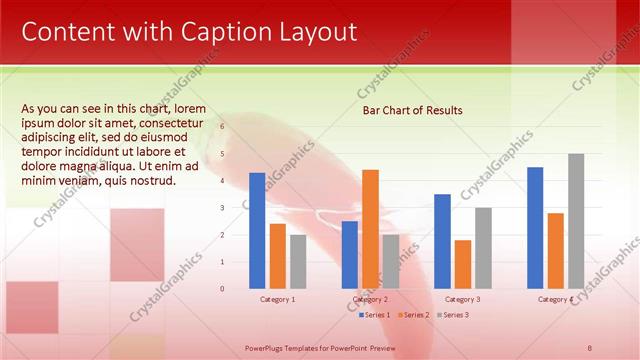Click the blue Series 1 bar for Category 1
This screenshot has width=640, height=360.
(257, 231)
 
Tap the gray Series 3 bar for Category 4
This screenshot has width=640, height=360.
(576, 221)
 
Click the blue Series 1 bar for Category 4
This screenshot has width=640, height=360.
(535, 228)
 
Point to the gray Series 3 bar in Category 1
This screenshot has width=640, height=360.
(298, 261)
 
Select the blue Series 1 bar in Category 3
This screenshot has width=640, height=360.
(442, 241)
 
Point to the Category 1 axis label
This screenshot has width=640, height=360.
(277, 299)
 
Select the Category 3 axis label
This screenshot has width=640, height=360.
(462, 299)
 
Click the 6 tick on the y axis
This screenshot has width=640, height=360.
(222, 127)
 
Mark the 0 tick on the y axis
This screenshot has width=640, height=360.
(222, 288)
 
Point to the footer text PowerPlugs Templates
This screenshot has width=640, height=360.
(290, 346)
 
